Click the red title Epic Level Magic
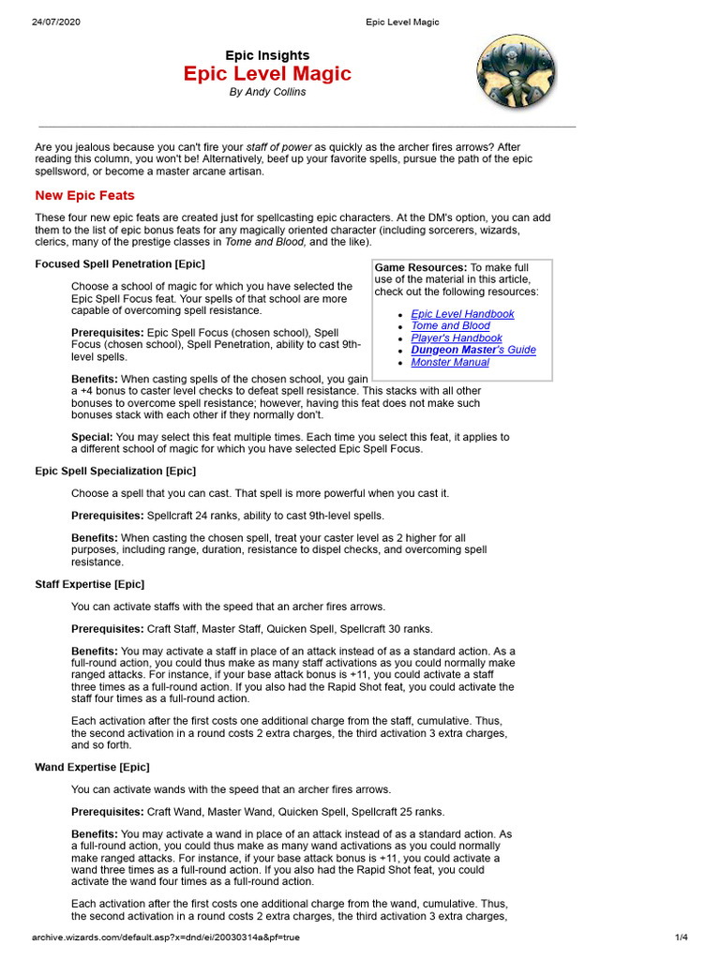click(267, 74)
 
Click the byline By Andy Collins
click(267, 93)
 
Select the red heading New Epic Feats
click(84, 195)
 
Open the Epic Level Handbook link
click(462, 314)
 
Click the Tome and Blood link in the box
click(450, 326)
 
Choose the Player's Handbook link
click(457, 338)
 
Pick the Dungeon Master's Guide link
click(473, 351)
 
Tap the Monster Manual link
click(450, 363)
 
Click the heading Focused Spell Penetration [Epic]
click(120, 263)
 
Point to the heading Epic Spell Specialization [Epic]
click(115, 471)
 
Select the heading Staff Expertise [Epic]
click(90, 584)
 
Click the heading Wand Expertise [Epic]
click(90, 767)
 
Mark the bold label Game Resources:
click(421, 268)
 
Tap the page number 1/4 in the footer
click(682, 937)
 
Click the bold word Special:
click(92, 437)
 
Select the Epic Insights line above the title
click(267, 55)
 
